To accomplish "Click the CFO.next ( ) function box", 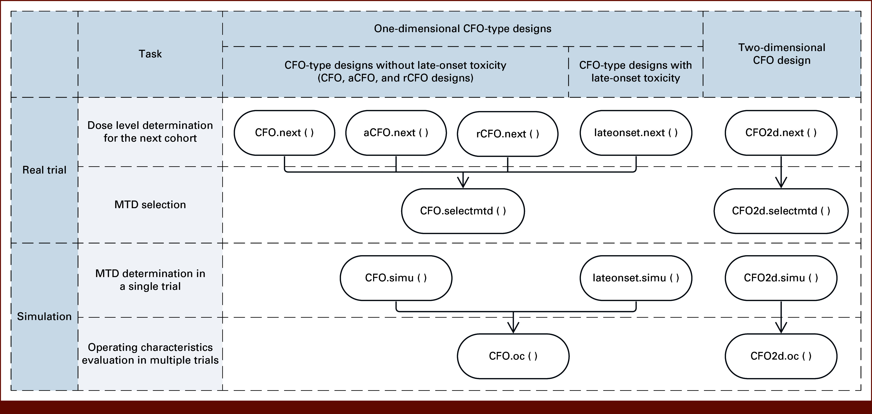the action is coord(284,133).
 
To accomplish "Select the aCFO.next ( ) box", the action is coord(396,133).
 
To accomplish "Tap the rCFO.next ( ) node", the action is coord(507,134).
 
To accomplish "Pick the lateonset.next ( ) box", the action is coord(636,133).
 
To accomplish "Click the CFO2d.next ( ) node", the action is coord(781,133).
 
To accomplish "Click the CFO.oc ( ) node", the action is coord(513,356).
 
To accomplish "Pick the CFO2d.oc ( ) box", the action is coord(781,356).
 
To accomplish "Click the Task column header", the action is coord(150,54).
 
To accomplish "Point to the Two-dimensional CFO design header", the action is coord(782,54).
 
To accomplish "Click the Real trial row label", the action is coord(44,170).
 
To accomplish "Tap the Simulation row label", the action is coord(44,316).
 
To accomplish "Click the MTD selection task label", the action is coord(150,205).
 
